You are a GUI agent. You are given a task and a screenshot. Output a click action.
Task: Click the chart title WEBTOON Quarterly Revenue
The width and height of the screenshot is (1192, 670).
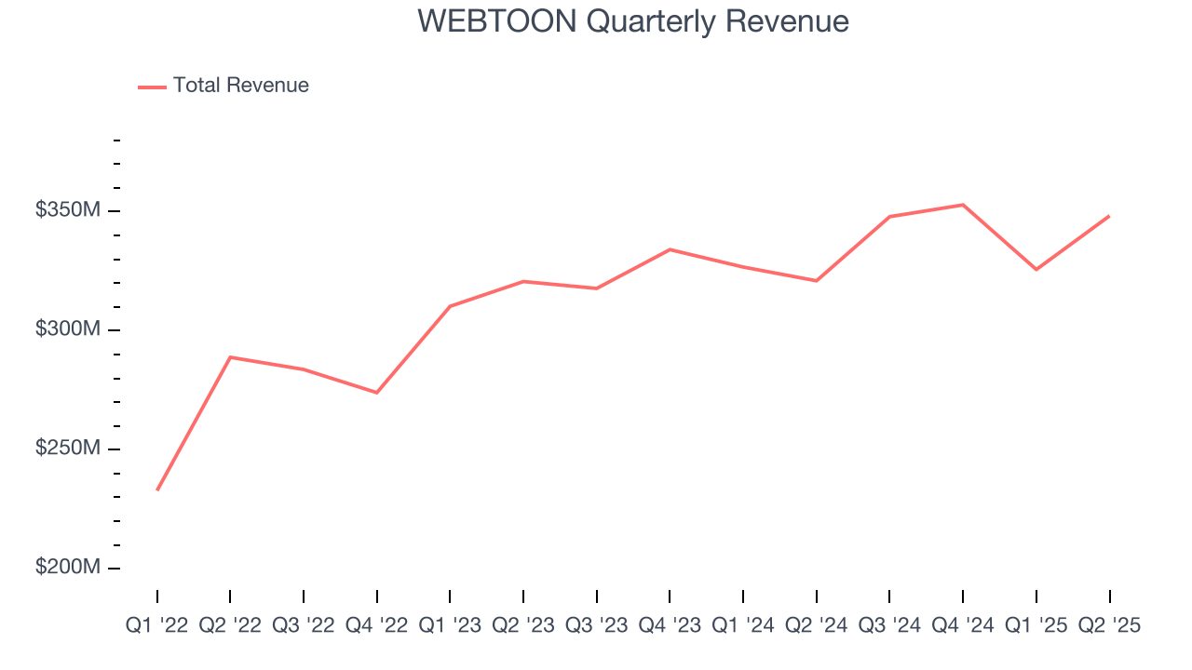[x=633, y=21]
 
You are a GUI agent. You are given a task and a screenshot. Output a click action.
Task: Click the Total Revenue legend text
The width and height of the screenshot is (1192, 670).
[x=240, y=86]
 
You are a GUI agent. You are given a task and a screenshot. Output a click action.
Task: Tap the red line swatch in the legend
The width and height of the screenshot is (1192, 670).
[x=152, y=87]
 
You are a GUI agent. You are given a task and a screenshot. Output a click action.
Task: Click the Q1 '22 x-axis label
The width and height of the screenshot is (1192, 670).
[x=156, y=626]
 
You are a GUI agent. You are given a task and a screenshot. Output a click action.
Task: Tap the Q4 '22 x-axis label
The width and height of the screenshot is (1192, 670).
[x=376, y=626]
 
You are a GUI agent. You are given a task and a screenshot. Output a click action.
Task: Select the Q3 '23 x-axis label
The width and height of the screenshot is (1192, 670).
[x=596, y=626]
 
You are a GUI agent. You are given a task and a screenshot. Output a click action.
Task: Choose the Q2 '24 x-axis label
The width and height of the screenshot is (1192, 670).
[x=816, y=626]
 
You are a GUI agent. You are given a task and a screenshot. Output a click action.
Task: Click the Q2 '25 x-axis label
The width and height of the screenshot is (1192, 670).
[x=1109, y=626]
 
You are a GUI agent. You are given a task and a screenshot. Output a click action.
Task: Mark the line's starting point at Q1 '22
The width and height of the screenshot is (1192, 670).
[x=157, y=489]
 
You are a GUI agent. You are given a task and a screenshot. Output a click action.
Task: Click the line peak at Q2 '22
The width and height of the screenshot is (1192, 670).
[x=230, y=357]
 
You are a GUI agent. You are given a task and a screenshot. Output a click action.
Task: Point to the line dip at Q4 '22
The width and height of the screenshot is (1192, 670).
[x=376, y=393]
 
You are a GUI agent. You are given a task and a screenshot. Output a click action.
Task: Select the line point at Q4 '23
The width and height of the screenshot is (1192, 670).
[x=670, y=249]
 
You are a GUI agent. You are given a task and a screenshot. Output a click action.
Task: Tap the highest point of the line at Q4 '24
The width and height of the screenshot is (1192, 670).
[x=963, y=205]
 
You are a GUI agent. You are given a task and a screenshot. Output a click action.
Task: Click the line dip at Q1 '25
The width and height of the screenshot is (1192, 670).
[x=1036, y=270]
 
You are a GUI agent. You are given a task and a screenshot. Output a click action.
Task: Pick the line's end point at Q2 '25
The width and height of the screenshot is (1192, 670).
[x=1109, y=216]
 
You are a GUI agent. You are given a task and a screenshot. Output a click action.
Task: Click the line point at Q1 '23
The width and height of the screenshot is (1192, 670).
[x=450, y=306]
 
